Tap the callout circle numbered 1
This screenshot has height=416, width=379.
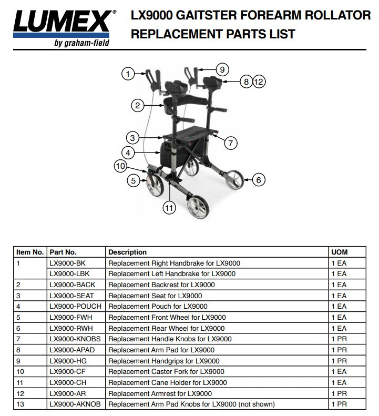pos(128,74)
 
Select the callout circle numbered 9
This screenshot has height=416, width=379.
pos(222,69)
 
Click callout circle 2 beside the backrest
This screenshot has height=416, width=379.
pos(137,106)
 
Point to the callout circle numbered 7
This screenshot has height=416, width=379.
pos(230,143)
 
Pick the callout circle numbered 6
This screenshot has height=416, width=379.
pos(258,180)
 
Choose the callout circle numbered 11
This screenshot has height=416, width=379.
pos(169,208)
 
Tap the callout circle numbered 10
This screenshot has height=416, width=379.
pos(120,167)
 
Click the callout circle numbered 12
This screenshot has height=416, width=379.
pos(259,82)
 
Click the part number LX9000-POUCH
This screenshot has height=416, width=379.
pos(75,306)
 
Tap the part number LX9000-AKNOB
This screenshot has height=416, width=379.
pos(76,404)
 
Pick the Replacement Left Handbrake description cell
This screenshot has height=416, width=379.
pos(171,273)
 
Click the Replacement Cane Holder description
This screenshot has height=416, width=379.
pos(167,382)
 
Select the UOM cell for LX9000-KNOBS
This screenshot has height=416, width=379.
pos(339,339)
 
